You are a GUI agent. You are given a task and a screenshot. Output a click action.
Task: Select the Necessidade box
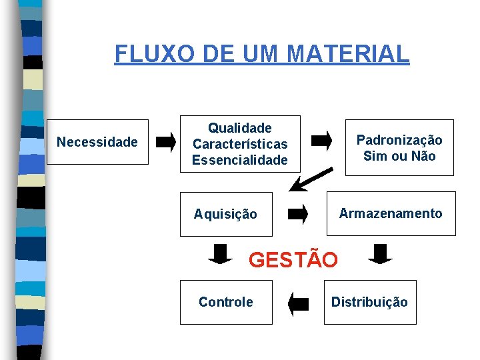click(97, 142)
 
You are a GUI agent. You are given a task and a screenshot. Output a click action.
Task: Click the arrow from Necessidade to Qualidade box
click(166, 141)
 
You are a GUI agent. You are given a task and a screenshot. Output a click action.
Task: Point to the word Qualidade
click(240, 127)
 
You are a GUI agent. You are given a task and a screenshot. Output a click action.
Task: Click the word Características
click(240, 143)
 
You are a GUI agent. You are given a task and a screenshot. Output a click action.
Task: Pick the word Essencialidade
click(240, 160)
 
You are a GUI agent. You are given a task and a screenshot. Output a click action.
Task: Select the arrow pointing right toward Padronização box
click(322, 141)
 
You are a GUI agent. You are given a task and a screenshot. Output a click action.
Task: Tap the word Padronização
click(399, 140)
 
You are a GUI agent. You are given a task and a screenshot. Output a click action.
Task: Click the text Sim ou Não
click(399, 156)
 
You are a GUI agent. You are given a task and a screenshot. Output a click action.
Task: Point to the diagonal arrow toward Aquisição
click(313, 179)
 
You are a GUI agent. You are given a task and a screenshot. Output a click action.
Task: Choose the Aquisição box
click(226, 214)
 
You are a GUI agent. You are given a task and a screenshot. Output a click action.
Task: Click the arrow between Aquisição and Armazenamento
click(298, 214)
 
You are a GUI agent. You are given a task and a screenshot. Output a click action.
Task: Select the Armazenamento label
click(391, 213)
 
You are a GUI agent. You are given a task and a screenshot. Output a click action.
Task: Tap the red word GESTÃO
click(293, 259)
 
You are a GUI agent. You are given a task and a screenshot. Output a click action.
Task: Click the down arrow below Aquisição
click(220, 254)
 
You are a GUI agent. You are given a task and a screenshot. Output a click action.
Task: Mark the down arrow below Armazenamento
click(381, 254)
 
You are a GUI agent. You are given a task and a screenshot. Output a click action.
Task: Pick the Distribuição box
click(369, 302)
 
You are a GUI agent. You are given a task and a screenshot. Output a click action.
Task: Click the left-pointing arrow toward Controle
click(299, 304)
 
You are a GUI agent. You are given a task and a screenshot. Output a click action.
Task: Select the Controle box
click(226, 302)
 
